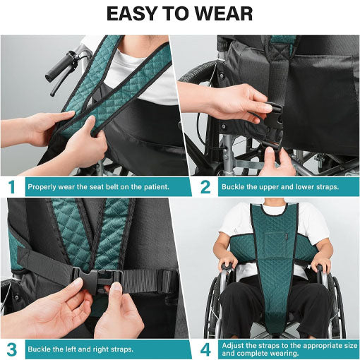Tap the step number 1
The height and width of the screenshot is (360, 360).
point(11,187)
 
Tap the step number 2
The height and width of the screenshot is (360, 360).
point(205,187)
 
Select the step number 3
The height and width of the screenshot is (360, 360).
point(11,349)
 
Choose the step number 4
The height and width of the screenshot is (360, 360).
point(205,349)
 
